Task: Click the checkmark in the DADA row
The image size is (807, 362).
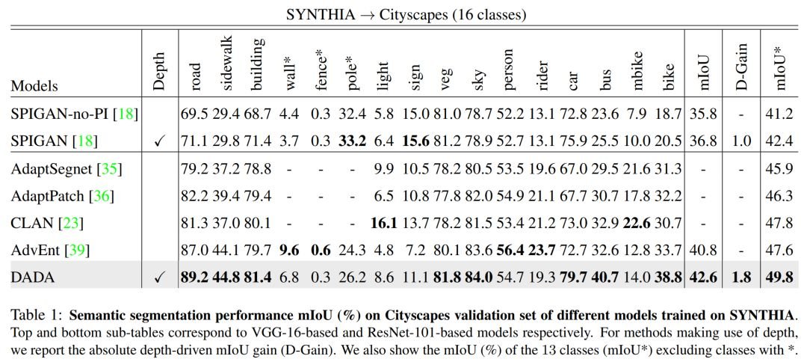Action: (x=158, y=277)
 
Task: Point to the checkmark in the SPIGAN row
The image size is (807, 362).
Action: (x=158, y=141)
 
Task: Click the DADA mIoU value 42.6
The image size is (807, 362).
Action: (x=703, y=277)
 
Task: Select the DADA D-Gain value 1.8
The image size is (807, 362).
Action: (x=740, y=277)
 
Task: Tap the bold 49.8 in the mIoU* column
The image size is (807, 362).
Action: (x=779, y=277)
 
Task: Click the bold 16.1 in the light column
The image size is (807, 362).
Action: (x=383, y=224)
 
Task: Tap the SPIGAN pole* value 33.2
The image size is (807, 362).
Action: (x=351, y=141)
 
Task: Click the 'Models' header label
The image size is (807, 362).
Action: (x=34, y=86)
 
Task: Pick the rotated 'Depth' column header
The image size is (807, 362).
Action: (x=159, y=72)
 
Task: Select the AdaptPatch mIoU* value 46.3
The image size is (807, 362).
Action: (x=779, y=197)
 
